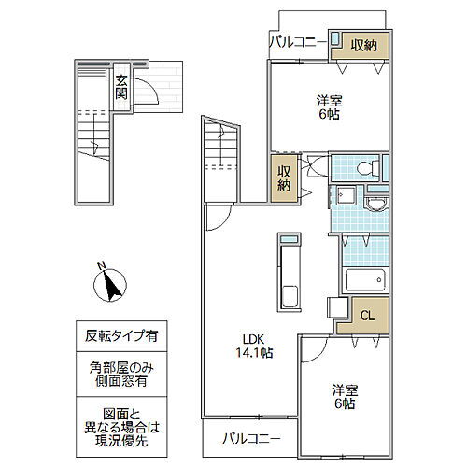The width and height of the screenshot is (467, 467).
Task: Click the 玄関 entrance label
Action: [121, 88]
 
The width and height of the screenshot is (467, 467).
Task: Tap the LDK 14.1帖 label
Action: [254, 346]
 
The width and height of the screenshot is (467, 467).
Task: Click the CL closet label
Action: [367, 316]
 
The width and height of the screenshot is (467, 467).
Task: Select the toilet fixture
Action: [368, 168]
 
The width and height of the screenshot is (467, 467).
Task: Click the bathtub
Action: [365, 279]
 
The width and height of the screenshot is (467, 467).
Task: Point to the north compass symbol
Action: [110, 285]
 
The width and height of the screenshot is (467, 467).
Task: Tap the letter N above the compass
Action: [101, 265]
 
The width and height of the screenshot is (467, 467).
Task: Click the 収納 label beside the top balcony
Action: [363, 46]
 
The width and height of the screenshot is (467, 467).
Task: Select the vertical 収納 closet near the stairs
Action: [284, 178]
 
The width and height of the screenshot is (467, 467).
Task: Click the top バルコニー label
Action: [298, 42]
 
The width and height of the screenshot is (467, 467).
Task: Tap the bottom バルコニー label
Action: [251, 439]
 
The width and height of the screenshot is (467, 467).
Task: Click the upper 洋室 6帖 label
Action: [329, 107]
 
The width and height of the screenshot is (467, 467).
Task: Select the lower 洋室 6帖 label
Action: [345, 397]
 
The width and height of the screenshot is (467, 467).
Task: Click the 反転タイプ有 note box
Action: [121, 336]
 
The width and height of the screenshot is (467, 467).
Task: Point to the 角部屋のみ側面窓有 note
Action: [121, 375]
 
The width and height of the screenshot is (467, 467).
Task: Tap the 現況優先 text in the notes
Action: [121, 441]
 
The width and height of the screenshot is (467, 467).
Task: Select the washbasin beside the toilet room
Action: [376, 204]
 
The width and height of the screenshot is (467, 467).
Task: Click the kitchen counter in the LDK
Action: [290, 273]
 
